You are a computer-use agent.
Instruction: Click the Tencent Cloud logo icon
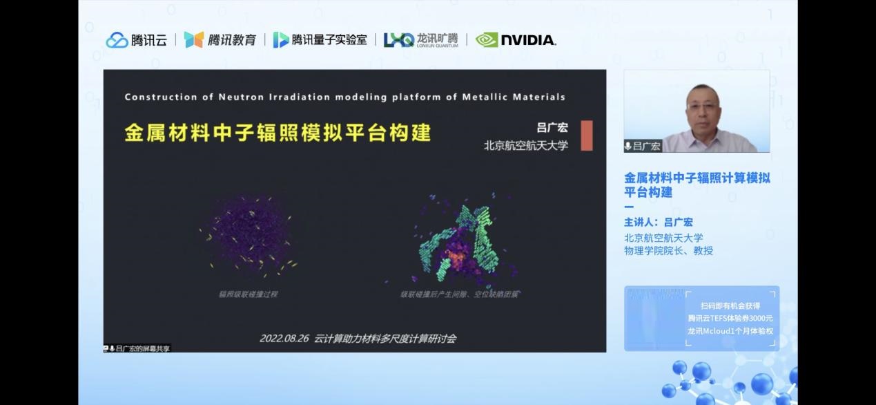pos(117,40)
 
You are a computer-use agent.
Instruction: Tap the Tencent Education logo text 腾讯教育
pos(231,40)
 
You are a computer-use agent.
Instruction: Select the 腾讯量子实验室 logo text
pos(329,40)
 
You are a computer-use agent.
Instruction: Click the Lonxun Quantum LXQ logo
pos(398,40)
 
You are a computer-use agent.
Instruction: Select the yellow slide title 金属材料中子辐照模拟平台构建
pos(278,133)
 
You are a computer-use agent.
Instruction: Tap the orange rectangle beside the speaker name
pos(586,135)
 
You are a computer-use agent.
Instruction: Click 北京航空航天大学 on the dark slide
pos(525,146)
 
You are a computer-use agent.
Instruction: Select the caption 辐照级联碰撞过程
pos(248,294)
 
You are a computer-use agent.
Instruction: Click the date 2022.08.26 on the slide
pos(284,339)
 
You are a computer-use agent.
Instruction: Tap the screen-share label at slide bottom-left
pos(137,348)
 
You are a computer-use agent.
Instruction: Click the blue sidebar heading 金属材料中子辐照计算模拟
pos(697,178)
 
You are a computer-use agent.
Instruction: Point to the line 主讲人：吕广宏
pos(658,223)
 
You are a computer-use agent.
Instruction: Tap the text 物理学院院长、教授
pos(668,251)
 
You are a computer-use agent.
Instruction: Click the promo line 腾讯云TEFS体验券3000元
pos(730,318)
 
